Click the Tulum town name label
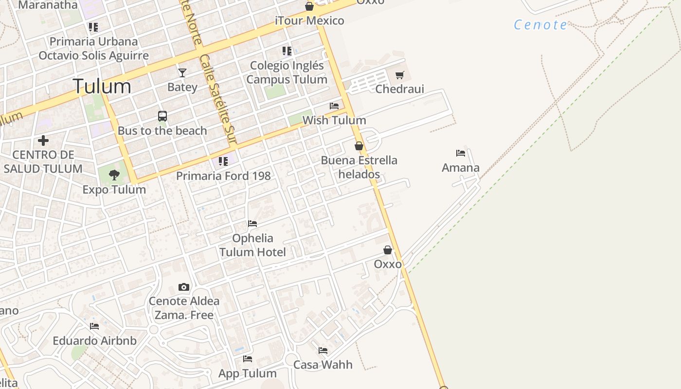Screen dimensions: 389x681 102,86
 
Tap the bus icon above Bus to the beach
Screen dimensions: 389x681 162,116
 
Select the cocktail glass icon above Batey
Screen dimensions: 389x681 182,73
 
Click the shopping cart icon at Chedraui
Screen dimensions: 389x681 399,75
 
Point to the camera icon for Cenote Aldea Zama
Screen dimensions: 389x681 184,287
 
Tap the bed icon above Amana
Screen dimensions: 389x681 461,153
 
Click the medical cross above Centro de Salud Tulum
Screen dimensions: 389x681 43,141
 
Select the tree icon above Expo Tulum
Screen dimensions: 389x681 114,175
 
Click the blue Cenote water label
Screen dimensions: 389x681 540,25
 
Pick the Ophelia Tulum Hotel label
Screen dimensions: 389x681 252,245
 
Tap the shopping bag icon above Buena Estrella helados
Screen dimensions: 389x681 359,146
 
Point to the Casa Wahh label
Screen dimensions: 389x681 323,364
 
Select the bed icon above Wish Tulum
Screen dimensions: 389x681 334,106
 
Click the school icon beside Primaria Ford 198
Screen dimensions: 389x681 223,161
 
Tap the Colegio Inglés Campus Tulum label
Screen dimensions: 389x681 287,72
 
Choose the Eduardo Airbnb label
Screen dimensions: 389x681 94,340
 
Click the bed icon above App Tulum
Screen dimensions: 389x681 248,359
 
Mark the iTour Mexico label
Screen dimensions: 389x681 309,20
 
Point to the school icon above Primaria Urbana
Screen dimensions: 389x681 93,27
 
